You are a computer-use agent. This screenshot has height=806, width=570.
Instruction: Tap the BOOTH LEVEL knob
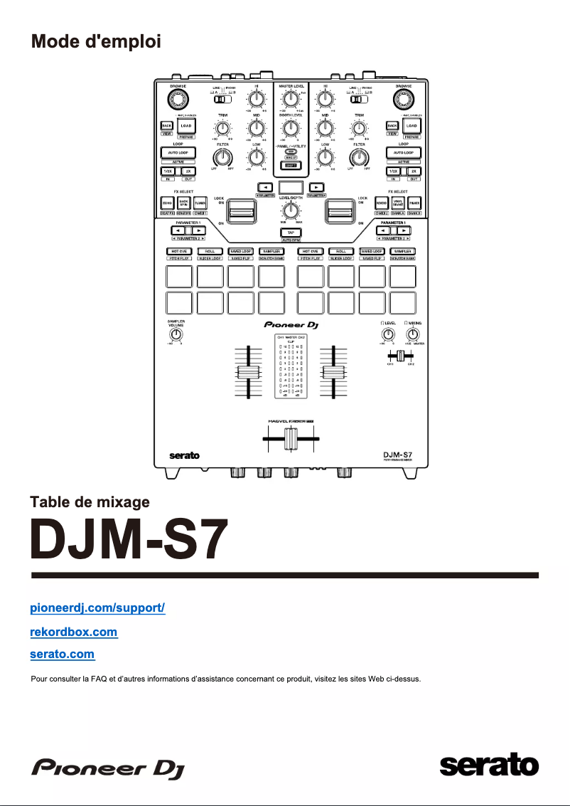(x=289, y=129)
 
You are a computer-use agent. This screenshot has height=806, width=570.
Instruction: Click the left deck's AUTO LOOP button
(x=180, y=153)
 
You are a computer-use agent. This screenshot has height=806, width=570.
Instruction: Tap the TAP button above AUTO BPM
(x=291, y=233)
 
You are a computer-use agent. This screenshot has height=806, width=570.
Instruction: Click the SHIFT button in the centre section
(x=289, y=165)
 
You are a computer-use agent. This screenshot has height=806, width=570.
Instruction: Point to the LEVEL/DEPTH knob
(x=289, y=211)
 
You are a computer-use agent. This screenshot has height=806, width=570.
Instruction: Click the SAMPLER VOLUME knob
(x=176, y=334)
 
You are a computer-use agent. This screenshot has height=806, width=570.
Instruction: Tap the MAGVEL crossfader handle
(x=290, y=440)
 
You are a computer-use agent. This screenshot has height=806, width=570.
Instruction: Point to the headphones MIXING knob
(x=413, y=334)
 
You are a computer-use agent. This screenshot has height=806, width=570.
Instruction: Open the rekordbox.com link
(x=74, y=632)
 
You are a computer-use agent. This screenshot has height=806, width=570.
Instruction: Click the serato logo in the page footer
(x=489, y=766)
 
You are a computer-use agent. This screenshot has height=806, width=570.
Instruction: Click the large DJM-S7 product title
(x=129, y=539)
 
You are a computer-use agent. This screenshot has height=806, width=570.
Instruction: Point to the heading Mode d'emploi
(x=96, y=41)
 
